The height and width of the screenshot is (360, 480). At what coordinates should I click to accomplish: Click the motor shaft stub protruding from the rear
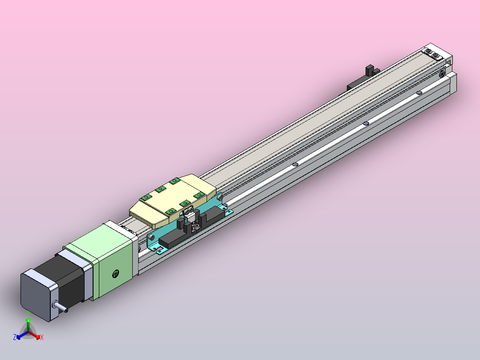click(x=60, y=307)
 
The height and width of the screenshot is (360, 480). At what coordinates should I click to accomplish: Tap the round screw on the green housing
click(x=116, y=274)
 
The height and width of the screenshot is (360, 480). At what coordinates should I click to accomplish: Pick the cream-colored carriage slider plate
click(x=173, y=200)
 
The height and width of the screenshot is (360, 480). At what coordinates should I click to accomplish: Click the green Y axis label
click(x=28, y=313)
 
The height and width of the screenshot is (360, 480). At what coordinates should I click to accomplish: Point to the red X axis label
click(x=42, y=337)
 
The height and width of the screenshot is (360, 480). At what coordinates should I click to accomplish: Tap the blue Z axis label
click(x=15, y=337)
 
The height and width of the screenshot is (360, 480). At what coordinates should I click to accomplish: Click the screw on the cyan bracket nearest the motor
click(x=151, y=237)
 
